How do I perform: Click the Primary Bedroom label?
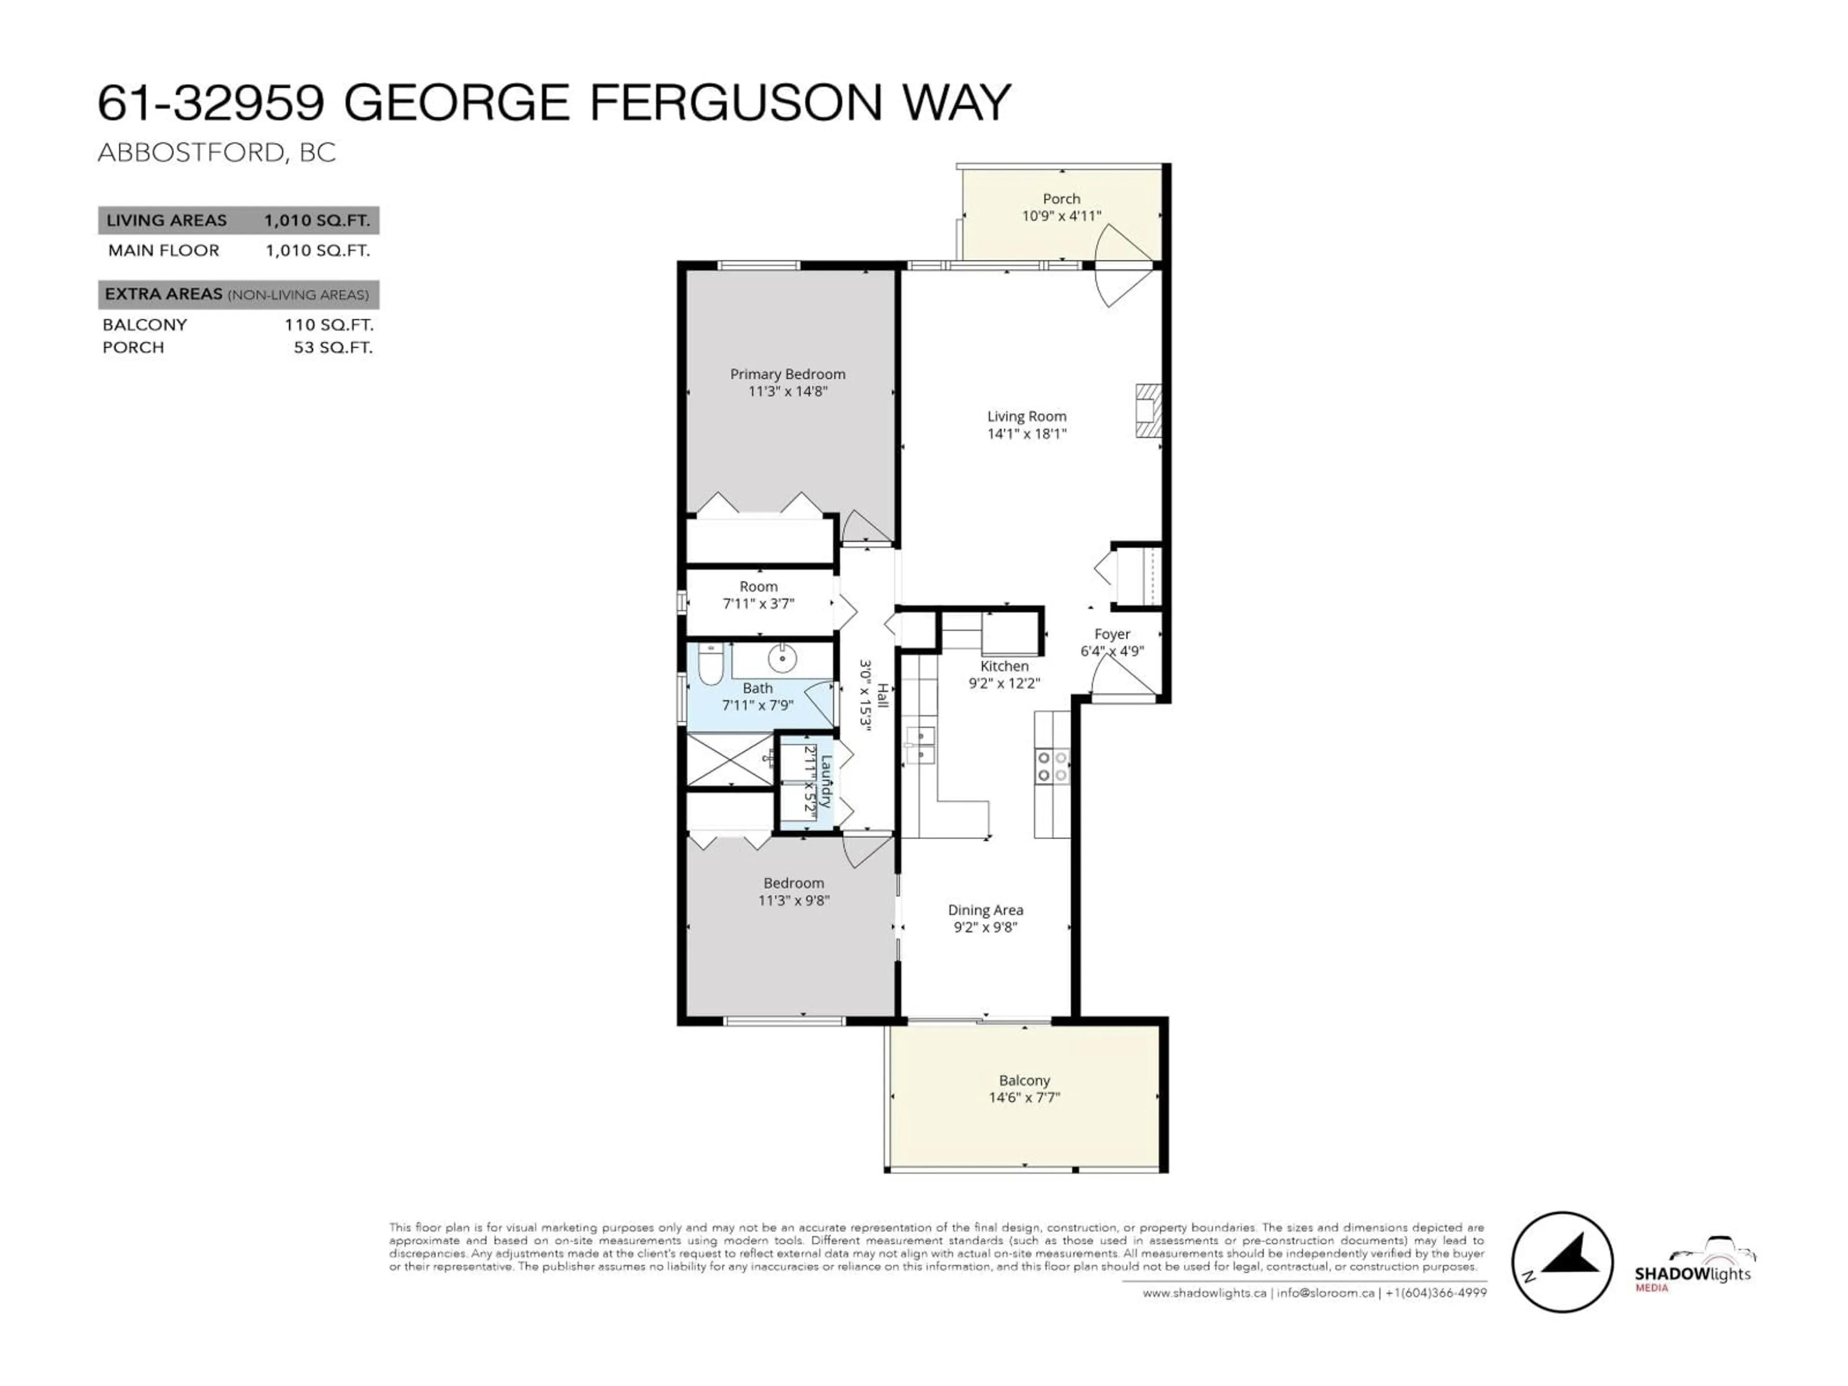click(x=787, y=374)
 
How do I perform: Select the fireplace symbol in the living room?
click(x=1148, y=410)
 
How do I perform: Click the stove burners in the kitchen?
click(x=1052, y=767)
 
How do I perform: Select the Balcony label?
click(x=1024, y=1080)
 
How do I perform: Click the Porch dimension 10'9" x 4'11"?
click(x=1061, y=217)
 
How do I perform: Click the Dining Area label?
click(x=985, y=910)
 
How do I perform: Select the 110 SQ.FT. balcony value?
click(x=328, y=325)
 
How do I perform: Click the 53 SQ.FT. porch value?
click(x=333, y=347)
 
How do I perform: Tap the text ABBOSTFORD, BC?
click(x=217, y=153)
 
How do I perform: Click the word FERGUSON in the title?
click(x=735, y=103)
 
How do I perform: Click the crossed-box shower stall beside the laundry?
click(x=729, y=759)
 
